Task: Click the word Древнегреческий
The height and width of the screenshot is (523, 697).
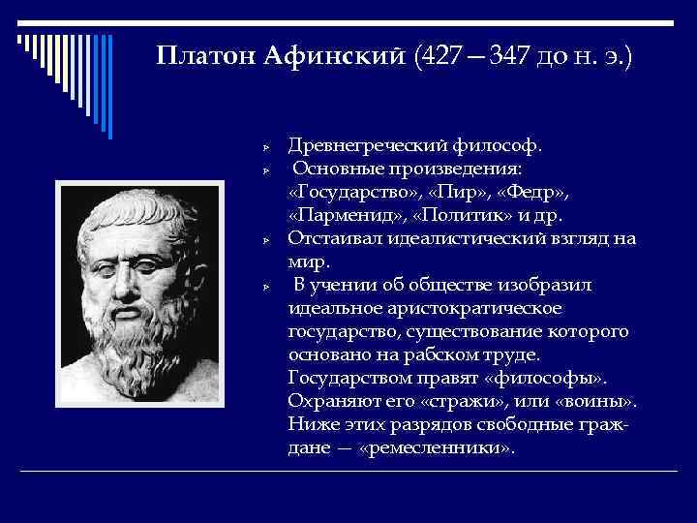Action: pos(367,145)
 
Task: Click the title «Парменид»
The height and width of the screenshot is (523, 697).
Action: pos(339,215)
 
